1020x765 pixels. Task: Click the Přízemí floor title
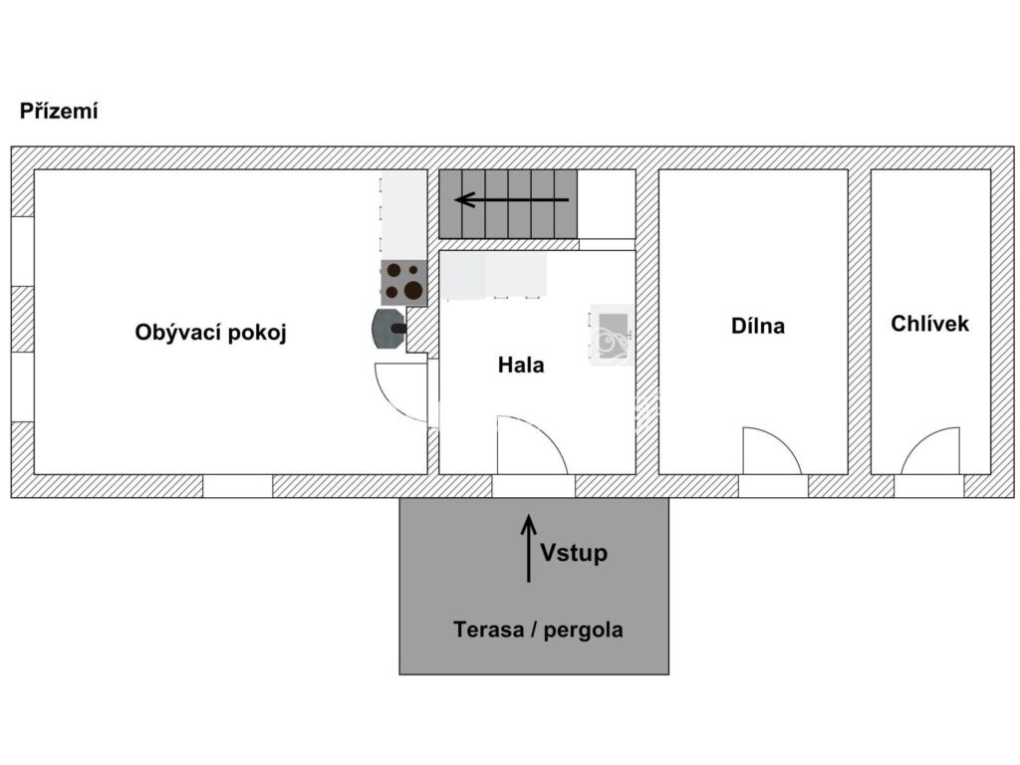click(59, 112)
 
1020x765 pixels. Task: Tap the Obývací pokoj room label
click(211, 333)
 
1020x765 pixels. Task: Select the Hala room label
click(521, 365)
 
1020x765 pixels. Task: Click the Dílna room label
click(758, 326)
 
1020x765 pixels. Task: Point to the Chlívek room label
click(929, 324)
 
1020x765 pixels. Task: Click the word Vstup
click(574, 553)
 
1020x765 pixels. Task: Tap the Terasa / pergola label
click(538, 630)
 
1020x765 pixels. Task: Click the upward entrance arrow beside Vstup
click(529, 549)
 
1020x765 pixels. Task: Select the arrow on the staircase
click(512, 199)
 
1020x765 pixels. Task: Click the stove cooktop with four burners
click(404, 282)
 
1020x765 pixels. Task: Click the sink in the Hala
click(613, 335)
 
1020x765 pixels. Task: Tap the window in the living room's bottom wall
click(237, 486)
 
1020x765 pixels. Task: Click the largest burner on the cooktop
click(413, 290)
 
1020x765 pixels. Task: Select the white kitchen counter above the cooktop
click(403, 215)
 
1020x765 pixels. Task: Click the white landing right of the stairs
click(607, 204)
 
